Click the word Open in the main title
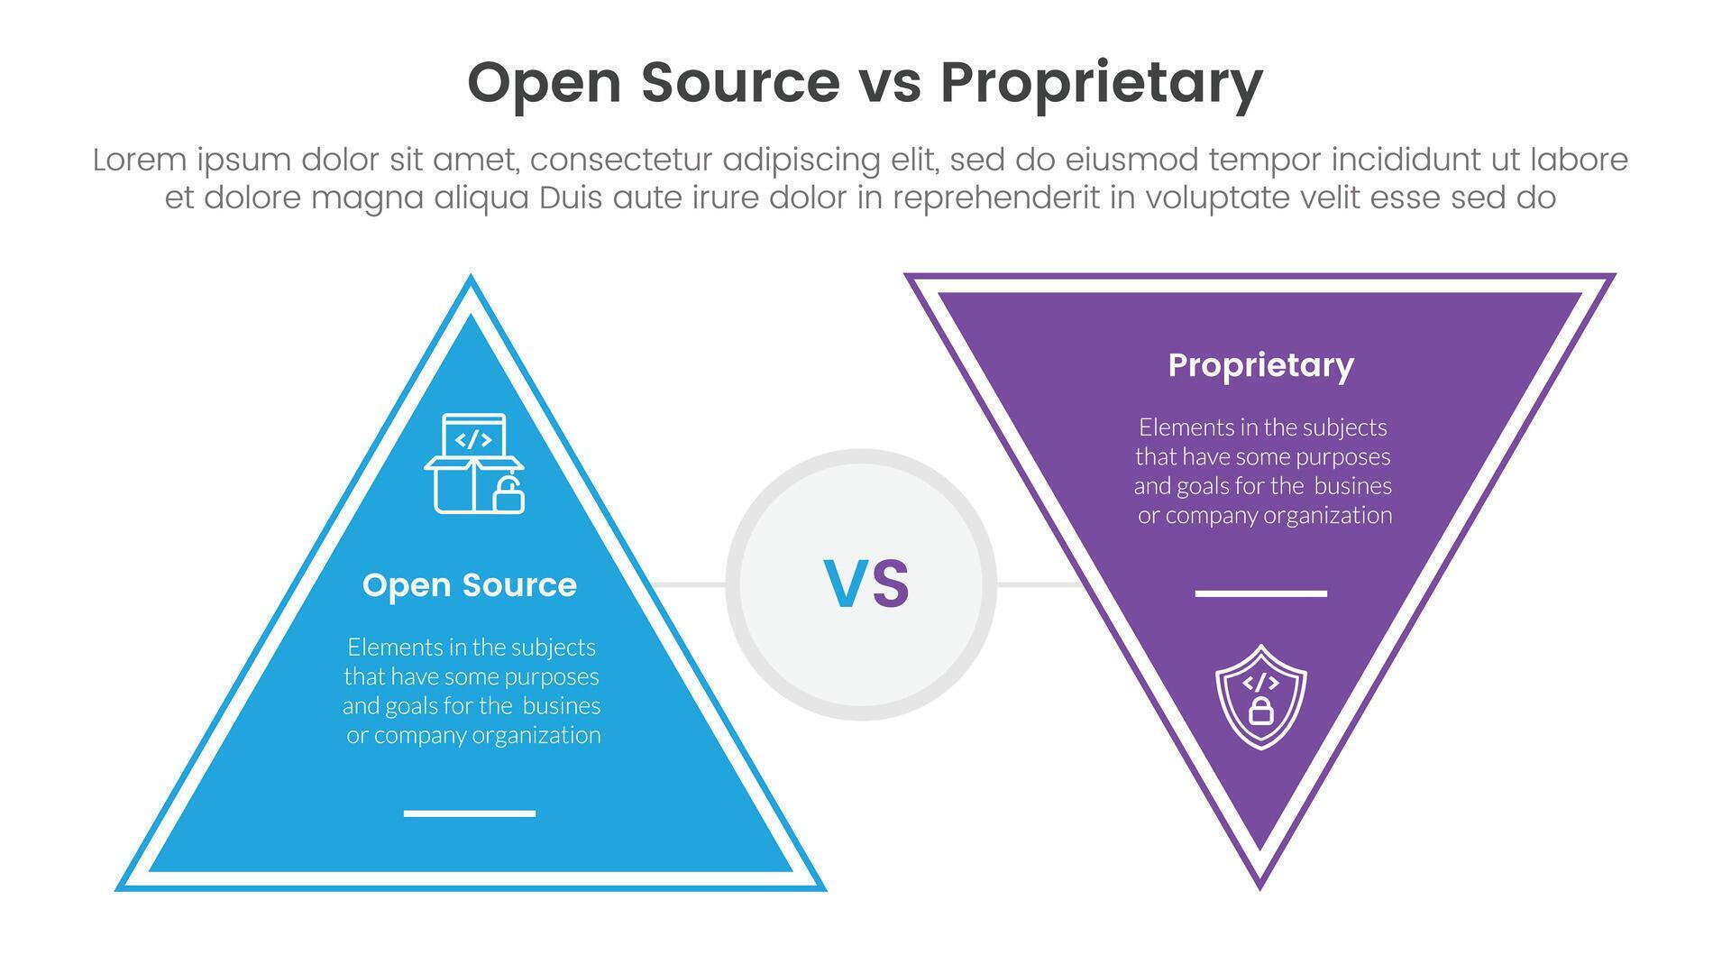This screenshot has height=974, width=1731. click(545, 83)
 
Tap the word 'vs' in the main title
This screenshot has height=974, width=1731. click(888, 83)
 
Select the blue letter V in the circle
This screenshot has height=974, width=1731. click(845, 584)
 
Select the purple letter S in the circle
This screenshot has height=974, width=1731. click(891, 584)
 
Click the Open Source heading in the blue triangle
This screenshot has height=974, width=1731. click(469, 585)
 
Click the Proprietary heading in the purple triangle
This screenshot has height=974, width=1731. click(1260, 365)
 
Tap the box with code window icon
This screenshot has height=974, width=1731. click(473, 463)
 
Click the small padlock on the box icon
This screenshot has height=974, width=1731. click(508, 496)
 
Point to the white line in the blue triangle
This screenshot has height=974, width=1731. click(469, 813)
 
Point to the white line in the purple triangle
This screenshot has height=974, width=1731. click(1260, 593)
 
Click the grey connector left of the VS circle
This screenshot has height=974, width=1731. click(690, 585)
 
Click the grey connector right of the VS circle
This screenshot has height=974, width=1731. click(1039, 585)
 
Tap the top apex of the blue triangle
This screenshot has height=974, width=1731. click(470, 280)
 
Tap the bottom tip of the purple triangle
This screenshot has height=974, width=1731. click(1259, 887)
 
